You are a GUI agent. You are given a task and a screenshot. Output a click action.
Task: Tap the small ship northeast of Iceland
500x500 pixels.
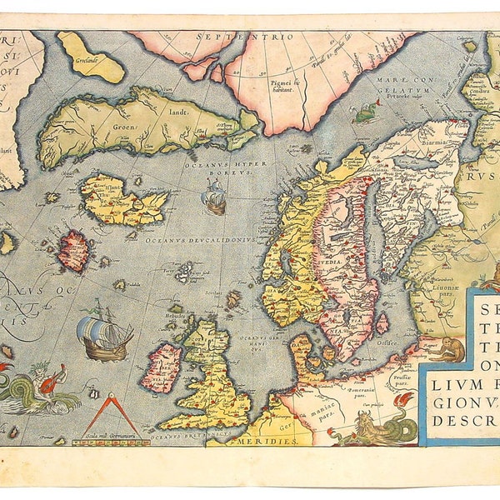tap(213, 199)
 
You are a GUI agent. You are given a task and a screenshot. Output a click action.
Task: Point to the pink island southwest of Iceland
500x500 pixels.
tap(74, 251)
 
